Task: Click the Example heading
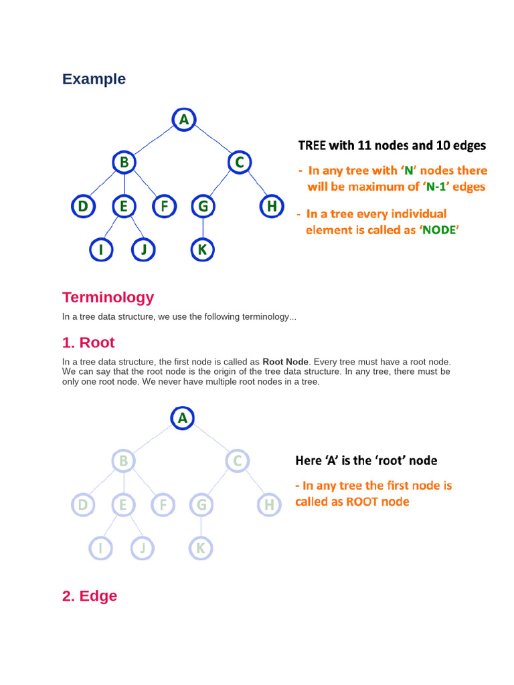point(94,79)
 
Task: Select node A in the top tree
point(183,120)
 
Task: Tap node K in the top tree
point(202,250)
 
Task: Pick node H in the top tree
point(271,207)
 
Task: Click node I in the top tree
point(101,250)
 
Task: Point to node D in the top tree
point(83,207)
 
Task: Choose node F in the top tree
point(163,207)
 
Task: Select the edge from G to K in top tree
point(202,229)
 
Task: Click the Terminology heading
point(108,297)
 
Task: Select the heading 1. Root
point(88,342)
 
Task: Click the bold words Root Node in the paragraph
point(285,362)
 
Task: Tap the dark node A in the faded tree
point(183,418)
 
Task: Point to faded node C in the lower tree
point(239,461)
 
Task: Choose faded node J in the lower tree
point(142,549)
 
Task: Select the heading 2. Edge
point(90,595)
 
